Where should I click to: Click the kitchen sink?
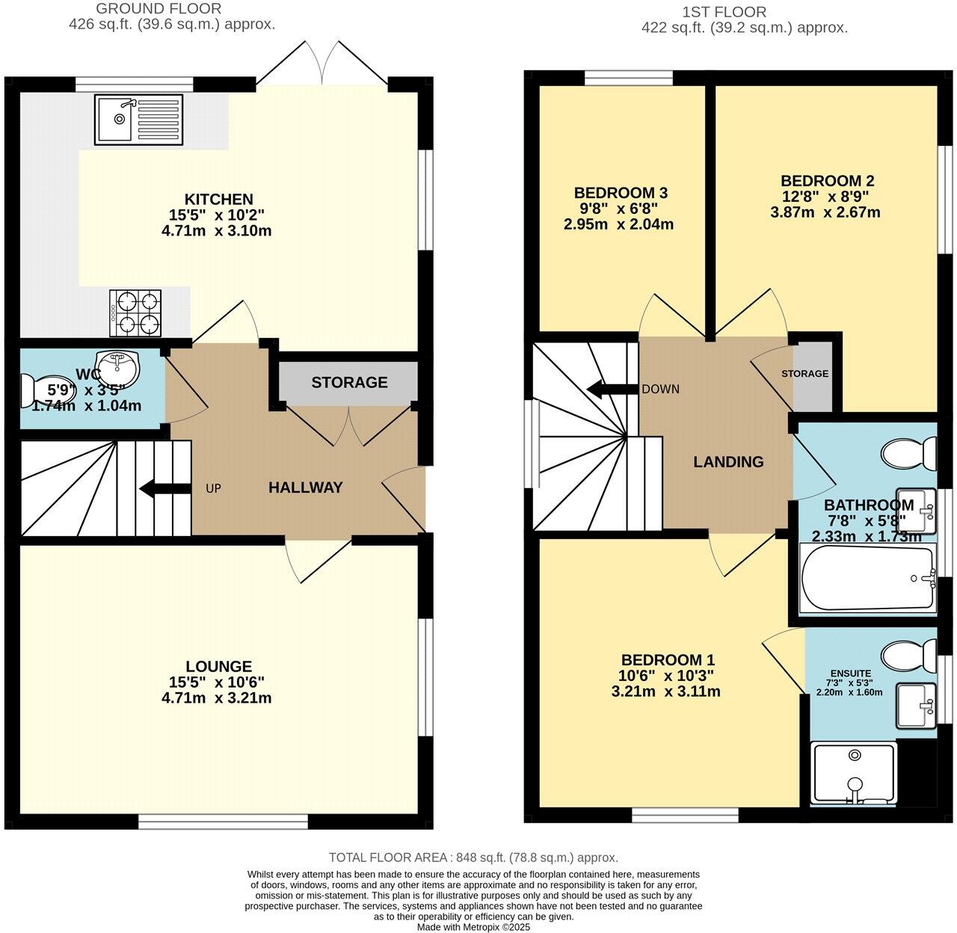coord(138,120)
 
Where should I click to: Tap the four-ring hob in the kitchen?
coord(135,312)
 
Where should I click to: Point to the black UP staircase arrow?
coord(164,489)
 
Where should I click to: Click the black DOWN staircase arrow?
coord(613,389)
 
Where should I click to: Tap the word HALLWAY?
coord(305,487)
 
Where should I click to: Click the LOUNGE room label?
coord(219,666)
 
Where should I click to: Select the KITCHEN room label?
coord(219,199)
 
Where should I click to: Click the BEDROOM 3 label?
coord(621,193)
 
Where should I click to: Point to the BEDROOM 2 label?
coord(828,180)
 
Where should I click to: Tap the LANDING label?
coord(728,462)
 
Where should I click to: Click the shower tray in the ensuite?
coord(854,774)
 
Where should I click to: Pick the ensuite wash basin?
coord(916,706)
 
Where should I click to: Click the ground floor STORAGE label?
coord(349,382)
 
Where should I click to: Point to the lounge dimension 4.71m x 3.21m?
coord(216,698)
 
